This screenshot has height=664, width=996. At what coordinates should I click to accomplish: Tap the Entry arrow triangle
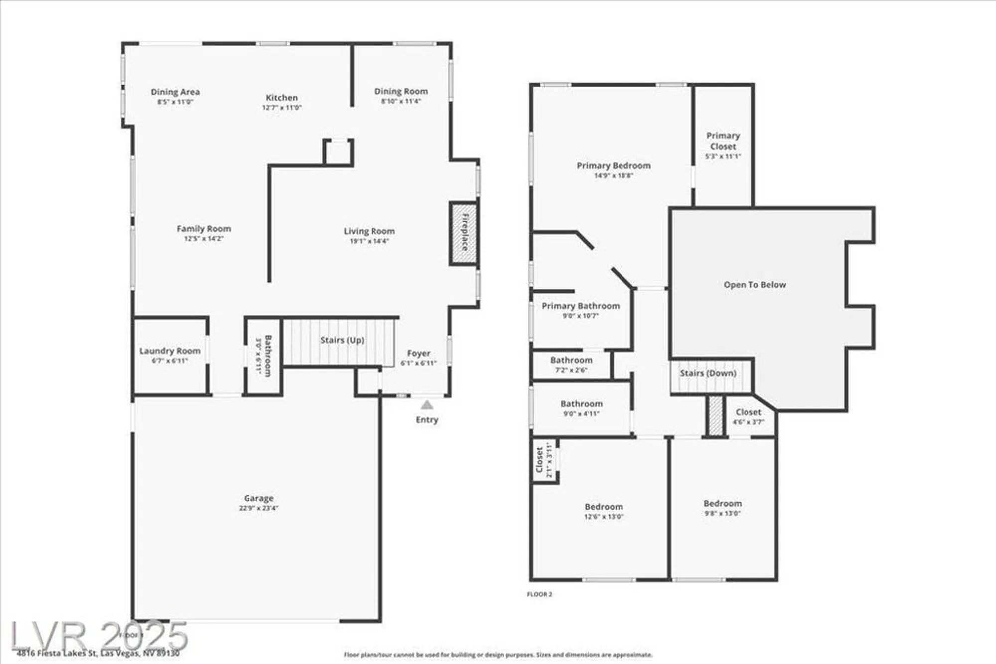427,405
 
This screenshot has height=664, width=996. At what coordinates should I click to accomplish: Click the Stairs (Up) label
342,340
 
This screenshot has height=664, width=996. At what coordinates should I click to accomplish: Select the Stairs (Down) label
708,373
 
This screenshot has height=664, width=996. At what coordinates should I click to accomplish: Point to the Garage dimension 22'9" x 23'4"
258,508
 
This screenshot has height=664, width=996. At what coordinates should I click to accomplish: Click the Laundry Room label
170,351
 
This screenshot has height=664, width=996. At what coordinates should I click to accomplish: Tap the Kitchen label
282,98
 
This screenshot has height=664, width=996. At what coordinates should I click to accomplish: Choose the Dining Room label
401,91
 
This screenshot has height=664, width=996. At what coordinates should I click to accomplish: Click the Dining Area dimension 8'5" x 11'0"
175,102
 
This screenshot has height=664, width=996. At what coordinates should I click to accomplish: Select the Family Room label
204,229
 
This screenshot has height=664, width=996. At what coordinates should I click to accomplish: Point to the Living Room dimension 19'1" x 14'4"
369,241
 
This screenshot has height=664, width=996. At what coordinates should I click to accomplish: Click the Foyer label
418,353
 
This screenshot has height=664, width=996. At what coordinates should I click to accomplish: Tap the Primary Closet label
723,141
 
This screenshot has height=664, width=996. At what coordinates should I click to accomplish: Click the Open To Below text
754,285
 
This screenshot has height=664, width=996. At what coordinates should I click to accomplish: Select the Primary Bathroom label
581,306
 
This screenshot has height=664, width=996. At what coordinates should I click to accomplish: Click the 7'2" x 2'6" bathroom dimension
571,370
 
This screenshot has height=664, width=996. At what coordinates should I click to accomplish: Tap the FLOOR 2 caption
539,594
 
